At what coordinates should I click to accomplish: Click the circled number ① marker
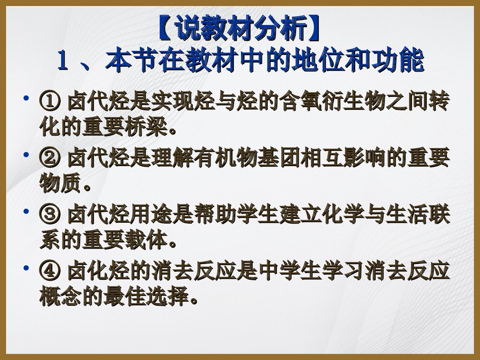pos(49,102)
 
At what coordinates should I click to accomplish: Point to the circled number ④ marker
pos(49,272)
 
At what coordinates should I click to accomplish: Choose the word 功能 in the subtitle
pos(404,61)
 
